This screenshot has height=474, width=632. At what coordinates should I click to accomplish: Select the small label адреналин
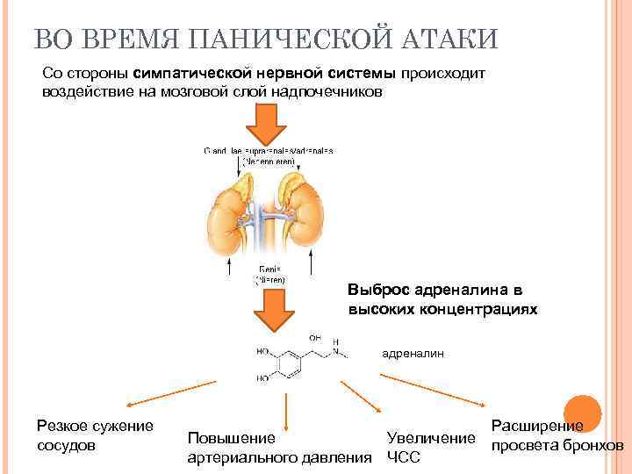point(413,354)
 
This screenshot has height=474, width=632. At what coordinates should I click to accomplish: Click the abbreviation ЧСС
point(404,457)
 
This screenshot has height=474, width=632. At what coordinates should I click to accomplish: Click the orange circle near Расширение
point(581,414)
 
